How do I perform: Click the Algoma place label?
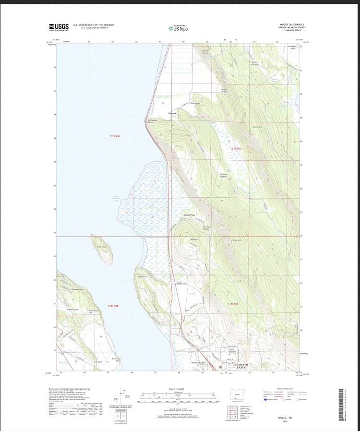click(172, 113)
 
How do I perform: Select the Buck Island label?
click(102, 247)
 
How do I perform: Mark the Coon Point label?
click(142, 276)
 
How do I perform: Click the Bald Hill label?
click(193, 239)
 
